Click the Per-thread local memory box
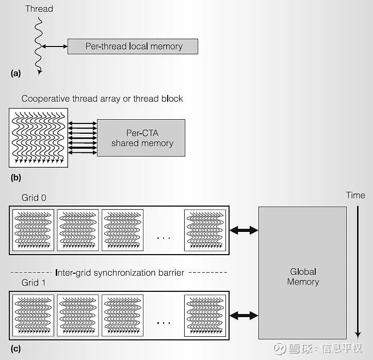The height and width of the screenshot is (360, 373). point(134,46)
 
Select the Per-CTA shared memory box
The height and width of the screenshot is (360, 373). point(142,138)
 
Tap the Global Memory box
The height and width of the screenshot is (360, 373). point(302,273)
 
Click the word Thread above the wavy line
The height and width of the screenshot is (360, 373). point(39,9)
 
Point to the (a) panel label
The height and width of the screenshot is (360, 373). point(15,73)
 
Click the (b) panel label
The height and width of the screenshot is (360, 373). point(15,177)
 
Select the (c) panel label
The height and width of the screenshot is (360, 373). point(15,349)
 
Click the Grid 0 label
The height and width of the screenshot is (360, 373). point(34,198)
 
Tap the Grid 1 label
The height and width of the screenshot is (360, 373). point(34,283)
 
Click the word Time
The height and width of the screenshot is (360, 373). point(355,195)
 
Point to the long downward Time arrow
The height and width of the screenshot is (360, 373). point(355,269)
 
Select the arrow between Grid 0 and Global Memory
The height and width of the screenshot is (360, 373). point(244,230)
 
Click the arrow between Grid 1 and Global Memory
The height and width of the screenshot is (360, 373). point(244,315)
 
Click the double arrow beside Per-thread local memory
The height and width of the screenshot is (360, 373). point(55,47)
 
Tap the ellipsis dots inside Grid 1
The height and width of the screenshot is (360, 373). point(163,323)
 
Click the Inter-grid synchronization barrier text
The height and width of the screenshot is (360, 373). point(119,272)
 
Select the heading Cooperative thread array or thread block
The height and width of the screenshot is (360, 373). point(102,98)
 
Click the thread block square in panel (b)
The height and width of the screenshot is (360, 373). point(39,137)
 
